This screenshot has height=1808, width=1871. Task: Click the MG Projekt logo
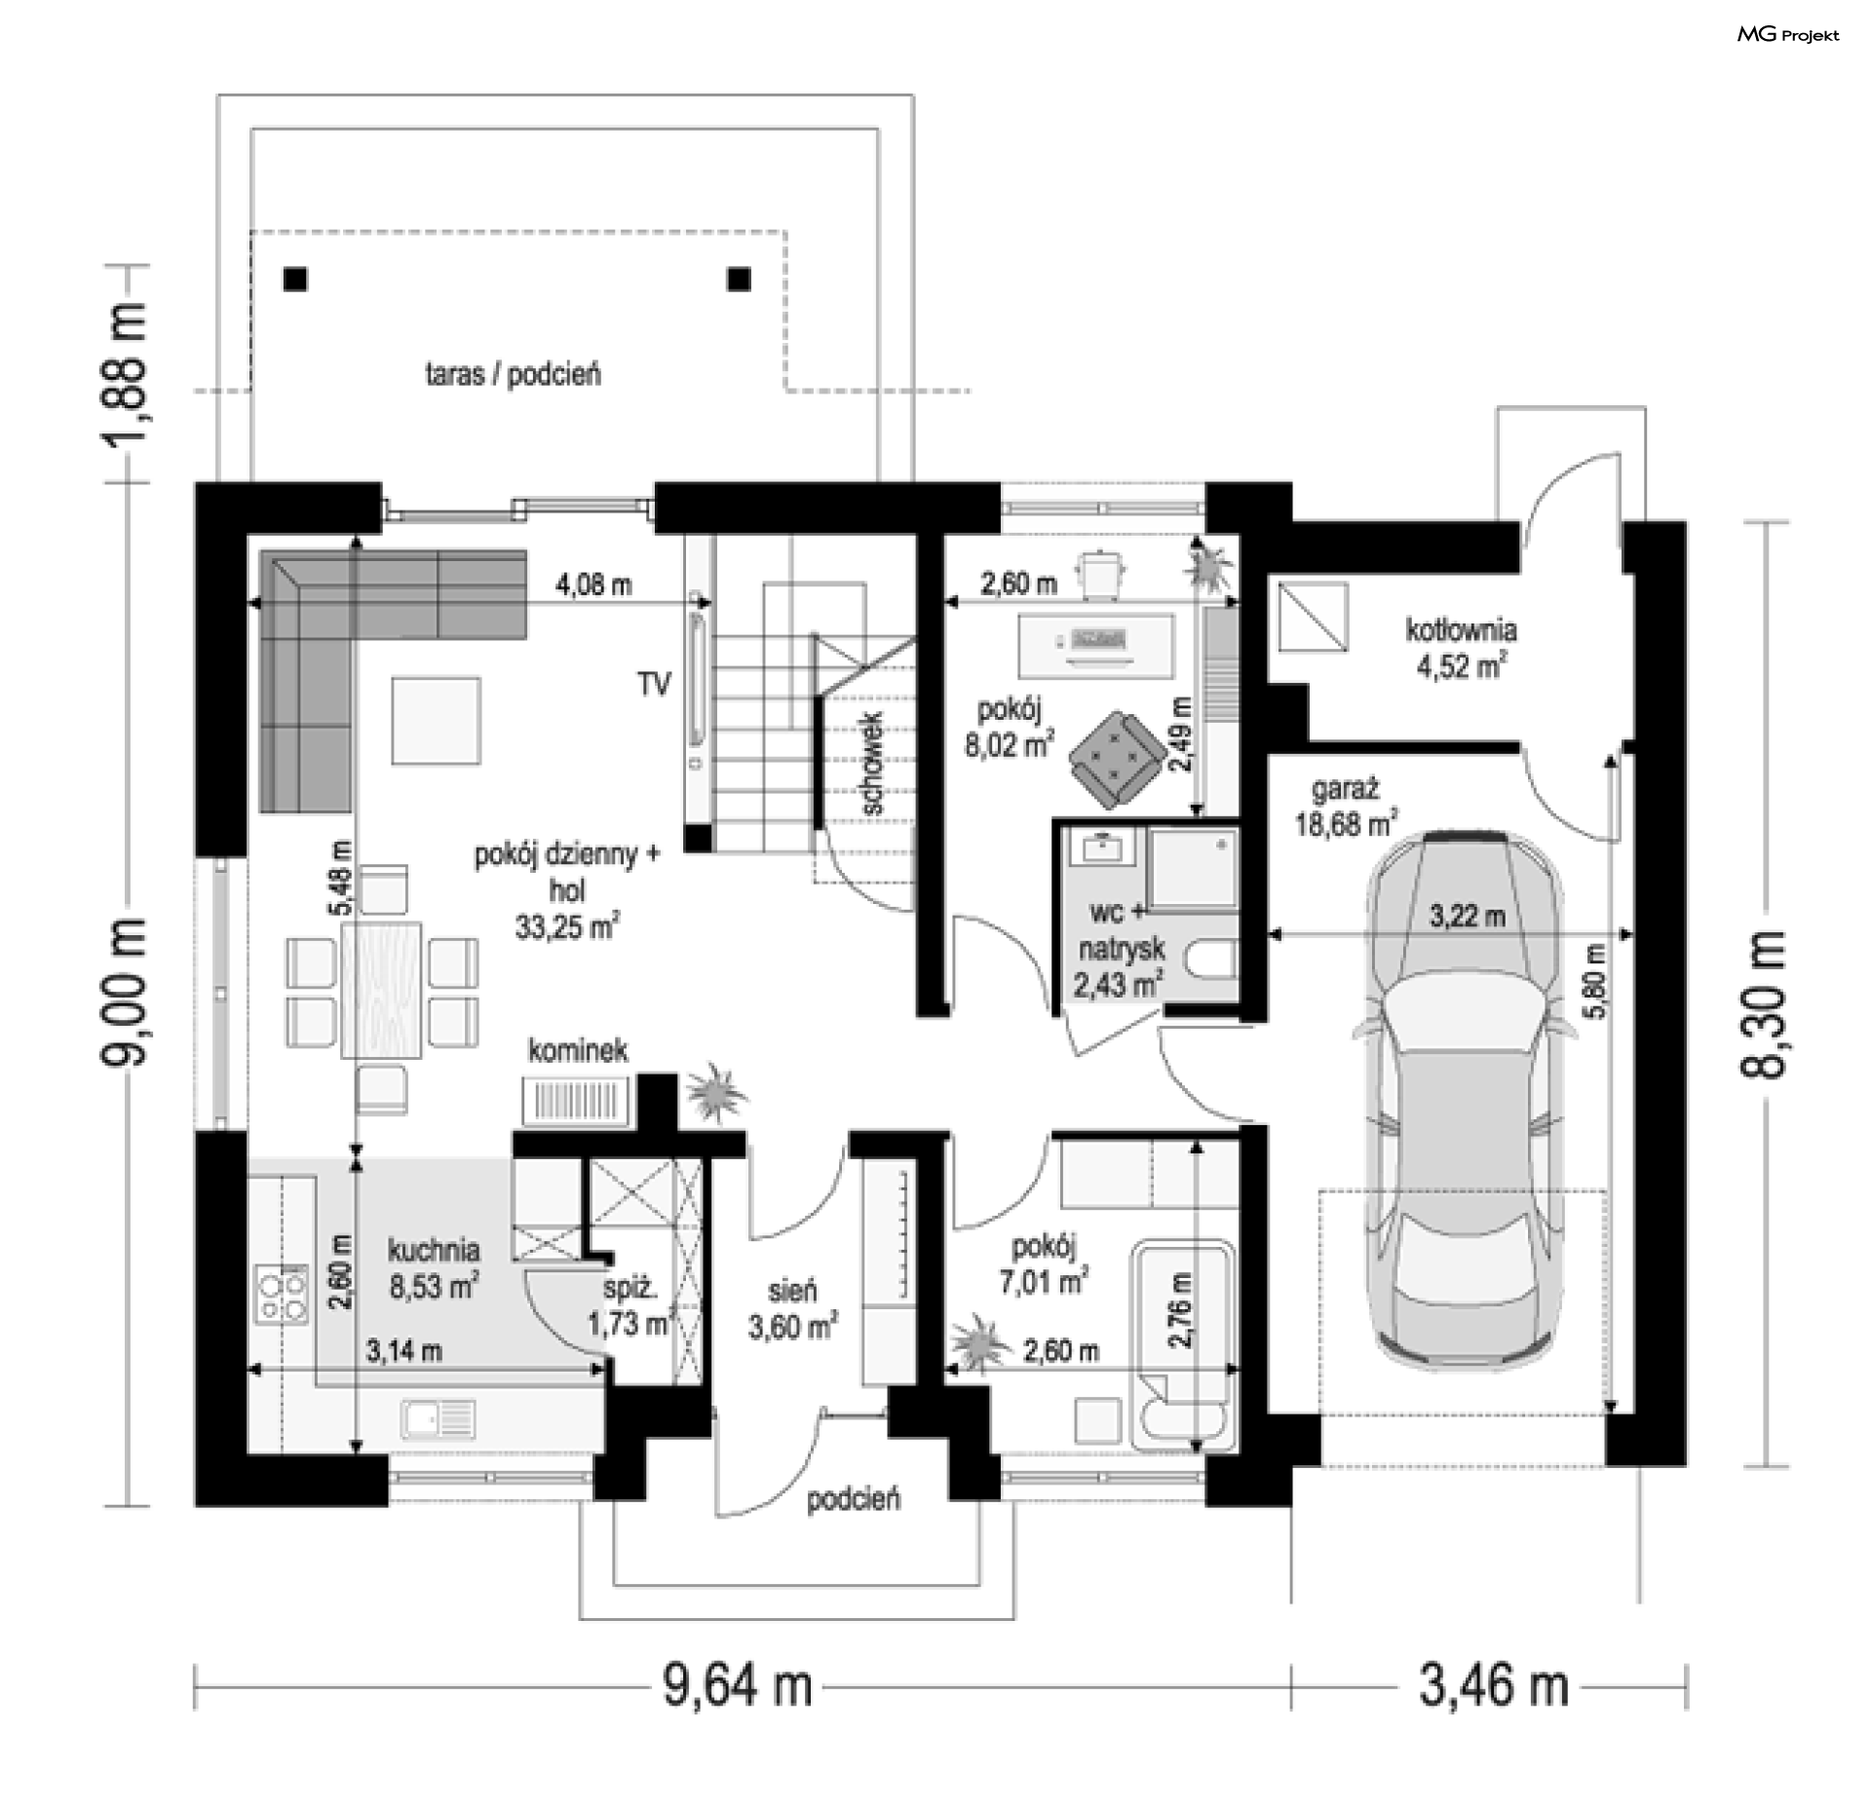1788,35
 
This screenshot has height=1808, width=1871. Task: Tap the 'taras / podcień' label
513,374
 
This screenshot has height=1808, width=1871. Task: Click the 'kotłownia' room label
1460,630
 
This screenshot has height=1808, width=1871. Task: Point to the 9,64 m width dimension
738,1684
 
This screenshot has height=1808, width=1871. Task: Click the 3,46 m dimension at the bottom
1493,1684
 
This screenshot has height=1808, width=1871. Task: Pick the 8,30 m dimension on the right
1763,1004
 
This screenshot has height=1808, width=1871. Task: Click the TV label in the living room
654,685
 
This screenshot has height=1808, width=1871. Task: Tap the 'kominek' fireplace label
578,1050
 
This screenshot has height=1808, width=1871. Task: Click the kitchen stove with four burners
281,1294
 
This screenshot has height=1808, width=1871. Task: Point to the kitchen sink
438,1419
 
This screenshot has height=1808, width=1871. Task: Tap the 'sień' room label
791,1292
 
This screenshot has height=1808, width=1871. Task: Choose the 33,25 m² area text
567,926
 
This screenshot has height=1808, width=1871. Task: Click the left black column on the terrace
295,280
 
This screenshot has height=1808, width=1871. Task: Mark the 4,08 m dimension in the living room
593,584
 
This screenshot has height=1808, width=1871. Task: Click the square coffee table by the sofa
437,721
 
